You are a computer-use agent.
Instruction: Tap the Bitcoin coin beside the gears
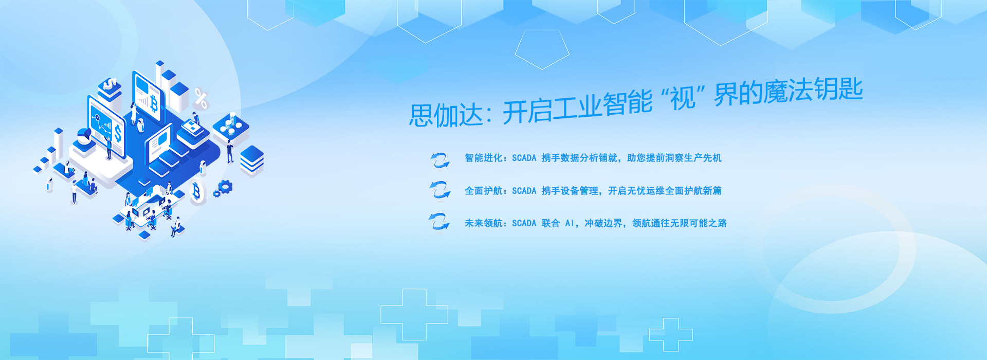point(197,193)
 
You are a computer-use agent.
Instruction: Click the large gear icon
point(225,186)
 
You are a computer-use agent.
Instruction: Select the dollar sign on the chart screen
point(118,134)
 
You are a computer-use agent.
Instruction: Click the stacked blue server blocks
point(252,159)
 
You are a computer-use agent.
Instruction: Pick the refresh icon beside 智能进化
point(440,160)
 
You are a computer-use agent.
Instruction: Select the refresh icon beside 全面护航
point(440,190)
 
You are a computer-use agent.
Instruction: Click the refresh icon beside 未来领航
point(439,222)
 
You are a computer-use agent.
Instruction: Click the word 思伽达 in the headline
point(446,114)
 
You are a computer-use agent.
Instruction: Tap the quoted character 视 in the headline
point(682,97)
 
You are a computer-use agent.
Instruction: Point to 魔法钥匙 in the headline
point(813,92)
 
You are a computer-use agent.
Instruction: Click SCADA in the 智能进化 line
point(524,158)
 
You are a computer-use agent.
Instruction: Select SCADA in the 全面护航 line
point(524,191)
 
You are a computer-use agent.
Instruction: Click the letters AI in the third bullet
point(570,223)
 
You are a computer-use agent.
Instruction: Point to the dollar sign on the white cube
point(111,84)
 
